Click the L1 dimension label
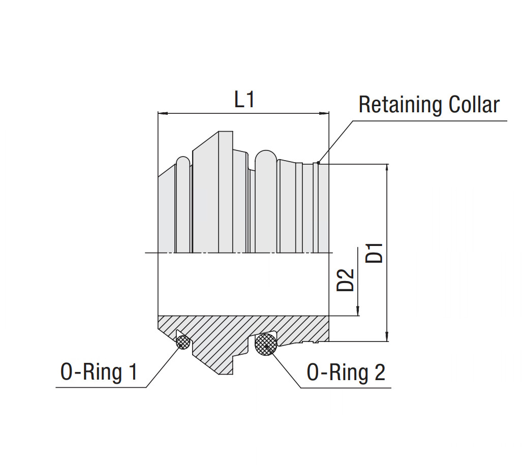(244, 99)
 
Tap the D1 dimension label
(375, 253)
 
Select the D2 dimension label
(346, 279)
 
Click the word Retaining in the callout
(400, 105)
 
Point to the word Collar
(474, 105)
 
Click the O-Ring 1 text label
(99, 373)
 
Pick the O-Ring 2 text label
(346, 373)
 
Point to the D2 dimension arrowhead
(358, 311)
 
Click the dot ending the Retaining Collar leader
(318, 163)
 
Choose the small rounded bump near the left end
(183, 163)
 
